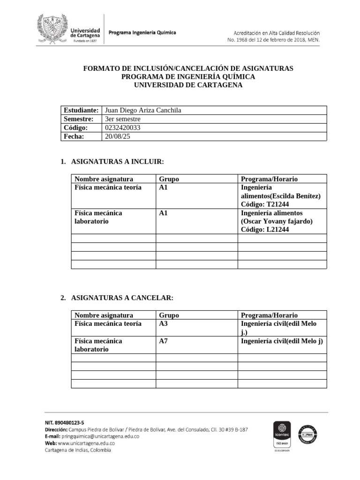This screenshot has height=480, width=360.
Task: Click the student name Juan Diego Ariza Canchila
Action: [142, 110]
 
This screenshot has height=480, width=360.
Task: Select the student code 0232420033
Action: [123, 127]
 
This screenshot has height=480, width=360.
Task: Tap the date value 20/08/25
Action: [117, 136]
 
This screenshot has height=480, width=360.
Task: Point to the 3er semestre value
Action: [123, 119]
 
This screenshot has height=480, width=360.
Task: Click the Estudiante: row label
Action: [81, 110]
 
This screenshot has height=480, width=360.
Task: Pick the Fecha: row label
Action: [74, 136]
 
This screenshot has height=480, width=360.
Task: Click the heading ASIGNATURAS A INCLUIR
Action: [117, 162]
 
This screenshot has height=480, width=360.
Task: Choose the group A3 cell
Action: [164, 324]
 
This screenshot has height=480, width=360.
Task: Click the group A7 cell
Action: [164, 341]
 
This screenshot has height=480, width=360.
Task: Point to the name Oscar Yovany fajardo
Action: [277, 221]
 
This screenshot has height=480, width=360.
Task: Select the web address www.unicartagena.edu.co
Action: [86, 443]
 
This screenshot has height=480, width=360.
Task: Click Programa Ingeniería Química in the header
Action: [142, 33]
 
